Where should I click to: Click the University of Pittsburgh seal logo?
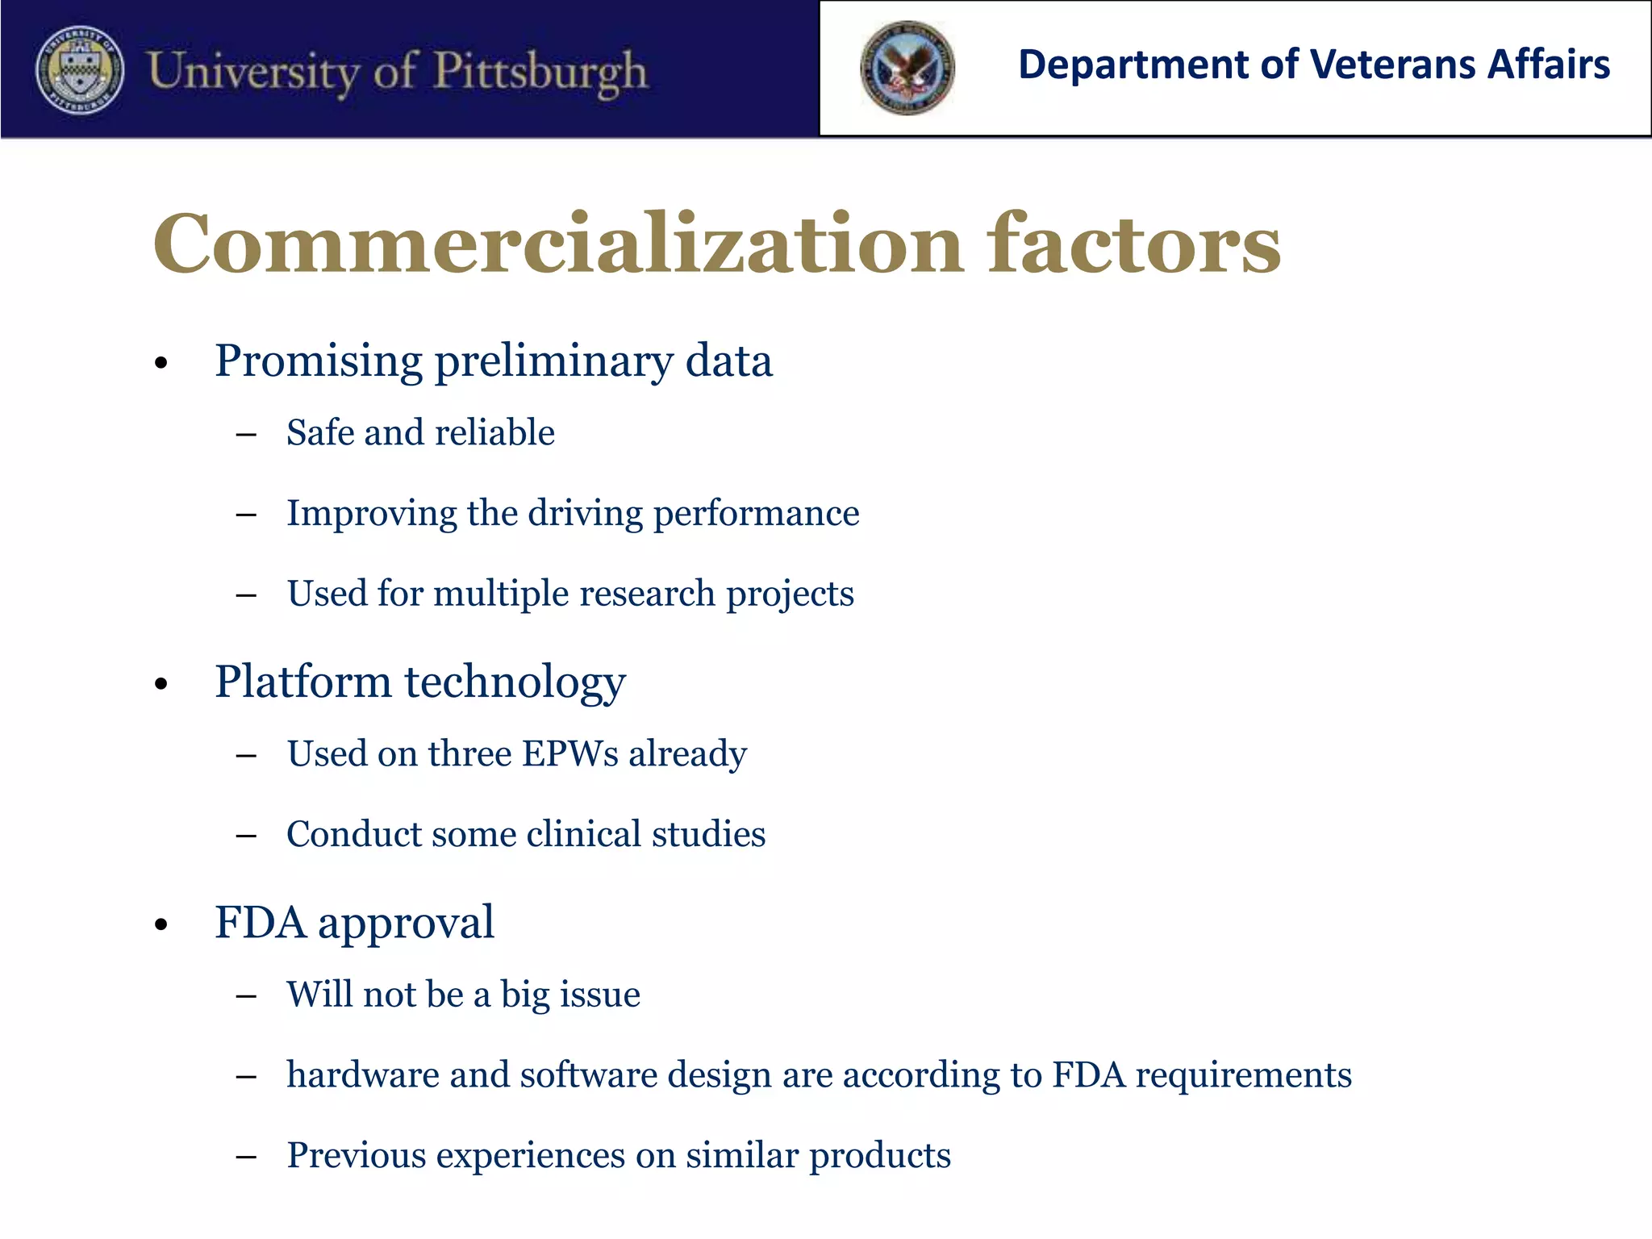[80, 69]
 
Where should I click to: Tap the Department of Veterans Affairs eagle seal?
[907, 69]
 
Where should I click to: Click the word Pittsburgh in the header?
[540, 71]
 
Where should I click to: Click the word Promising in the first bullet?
[319, 361]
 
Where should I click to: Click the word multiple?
[500, 594]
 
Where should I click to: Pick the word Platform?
[302, 682]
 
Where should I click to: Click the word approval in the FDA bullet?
[406, 924]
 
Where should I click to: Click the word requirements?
[1242, 1076]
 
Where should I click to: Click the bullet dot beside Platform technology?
[161, 684]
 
